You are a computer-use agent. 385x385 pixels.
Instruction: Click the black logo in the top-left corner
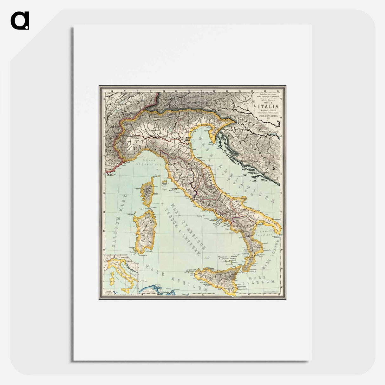(x=20, y=21)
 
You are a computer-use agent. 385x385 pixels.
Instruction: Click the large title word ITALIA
(x=268, y=106)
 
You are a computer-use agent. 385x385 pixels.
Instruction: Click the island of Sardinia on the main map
(x=145, y=230)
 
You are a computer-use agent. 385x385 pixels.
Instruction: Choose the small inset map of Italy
(x=121, y=274)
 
